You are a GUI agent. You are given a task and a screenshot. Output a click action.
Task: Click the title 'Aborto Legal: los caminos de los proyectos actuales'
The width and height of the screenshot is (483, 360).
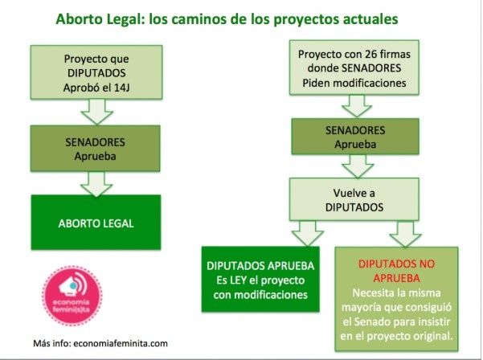point(227,18)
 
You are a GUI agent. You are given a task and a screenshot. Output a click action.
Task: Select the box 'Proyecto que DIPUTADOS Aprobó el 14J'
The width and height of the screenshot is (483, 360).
point(96,72)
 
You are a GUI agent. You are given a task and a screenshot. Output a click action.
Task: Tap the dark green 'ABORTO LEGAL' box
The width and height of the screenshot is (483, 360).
point(96,223)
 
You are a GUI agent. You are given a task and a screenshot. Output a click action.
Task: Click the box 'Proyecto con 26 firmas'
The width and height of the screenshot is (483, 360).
point(354,67)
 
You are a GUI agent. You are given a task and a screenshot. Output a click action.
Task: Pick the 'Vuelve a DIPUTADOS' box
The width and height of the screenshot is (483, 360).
point(354,199)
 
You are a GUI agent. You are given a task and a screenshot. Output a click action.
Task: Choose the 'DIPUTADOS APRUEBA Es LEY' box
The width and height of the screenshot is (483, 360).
point(260,280)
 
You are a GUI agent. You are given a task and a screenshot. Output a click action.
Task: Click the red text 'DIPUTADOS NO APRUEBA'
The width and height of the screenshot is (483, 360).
point(396,271)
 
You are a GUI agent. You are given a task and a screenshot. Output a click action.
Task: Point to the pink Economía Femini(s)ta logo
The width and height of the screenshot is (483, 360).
point(72,296)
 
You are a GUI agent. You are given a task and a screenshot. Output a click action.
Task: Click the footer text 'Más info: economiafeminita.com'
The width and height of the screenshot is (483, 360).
point(100,343)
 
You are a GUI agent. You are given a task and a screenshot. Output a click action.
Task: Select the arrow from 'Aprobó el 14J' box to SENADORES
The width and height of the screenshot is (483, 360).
point(96,112)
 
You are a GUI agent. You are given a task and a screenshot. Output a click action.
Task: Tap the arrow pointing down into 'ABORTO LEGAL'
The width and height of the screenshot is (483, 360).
point(96,184)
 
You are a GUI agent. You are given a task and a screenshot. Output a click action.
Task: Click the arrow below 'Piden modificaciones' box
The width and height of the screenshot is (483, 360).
point(357,106)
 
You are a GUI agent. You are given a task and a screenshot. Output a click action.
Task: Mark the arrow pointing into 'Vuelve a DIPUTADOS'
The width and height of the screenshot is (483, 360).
point(358,166)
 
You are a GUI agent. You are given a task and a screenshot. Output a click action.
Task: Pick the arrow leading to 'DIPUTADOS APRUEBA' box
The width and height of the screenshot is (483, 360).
point(308,233)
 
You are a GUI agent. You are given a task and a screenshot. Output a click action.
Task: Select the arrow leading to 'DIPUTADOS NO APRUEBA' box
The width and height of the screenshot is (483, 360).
point(405,234)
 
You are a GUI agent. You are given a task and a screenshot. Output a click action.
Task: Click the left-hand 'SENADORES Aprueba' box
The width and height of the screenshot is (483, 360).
point(95,149)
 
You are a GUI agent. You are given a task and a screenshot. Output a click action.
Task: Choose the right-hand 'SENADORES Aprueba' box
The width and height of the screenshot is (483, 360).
point(355,137)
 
